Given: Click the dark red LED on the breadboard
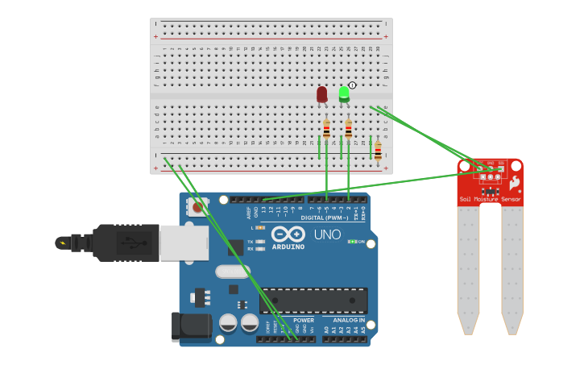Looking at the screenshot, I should [x=322, y=94].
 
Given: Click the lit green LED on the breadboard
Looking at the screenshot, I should [x=344, y=93].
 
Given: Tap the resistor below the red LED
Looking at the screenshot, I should [x=326, y=129].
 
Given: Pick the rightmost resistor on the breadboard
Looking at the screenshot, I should [x=378, y=150].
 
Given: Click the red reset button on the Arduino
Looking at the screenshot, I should [x=197, y=207].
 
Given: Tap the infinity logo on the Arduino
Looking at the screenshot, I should [x=288, y=235].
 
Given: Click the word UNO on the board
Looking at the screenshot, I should [x=326, y=234].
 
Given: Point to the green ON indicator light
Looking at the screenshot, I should [x=352, y=241].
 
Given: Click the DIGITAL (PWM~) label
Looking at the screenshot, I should [x=323, y=218].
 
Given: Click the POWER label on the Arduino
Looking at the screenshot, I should [x=304, y=320].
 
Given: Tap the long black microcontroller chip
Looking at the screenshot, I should [x=313, y=301].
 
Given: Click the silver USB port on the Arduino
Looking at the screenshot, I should [x=184, y=243].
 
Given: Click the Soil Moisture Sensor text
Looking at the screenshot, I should [x=490, y=198].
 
